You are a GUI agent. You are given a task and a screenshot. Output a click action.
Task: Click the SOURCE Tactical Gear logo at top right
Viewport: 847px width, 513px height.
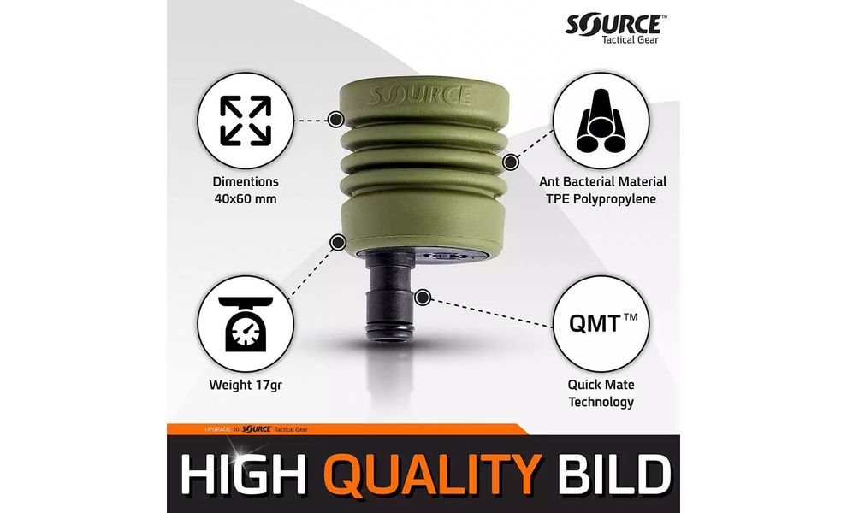616,28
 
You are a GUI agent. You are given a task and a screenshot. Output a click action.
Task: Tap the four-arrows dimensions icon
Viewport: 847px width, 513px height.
246,121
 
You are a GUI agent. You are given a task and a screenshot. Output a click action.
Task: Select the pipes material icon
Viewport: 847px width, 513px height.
601,121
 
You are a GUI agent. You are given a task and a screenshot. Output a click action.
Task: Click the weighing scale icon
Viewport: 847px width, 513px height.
246,324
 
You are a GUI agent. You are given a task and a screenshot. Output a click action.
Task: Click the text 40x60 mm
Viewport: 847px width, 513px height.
246,198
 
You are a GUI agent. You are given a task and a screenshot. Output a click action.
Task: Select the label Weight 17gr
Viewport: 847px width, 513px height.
246,385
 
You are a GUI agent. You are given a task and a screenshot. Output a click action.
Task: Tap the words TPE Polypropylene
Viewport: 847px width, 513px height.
601,198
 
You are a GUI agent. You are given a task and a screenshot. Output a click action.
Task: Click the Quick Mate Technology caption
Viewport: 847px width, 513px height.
601,393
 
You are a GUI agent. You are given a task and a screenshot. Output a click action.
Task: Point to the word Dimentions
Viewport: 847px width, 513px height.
246,181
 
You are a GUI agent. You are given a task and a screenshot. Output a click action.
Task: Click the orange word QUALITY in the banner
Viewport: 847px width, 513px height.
432,475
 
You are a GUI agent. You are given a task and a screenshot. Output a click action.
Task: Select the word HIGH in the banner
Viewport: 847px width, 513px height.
244,475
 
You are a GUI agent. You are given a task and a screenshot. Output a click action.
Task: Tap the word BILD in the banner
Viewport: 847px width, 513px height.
614,475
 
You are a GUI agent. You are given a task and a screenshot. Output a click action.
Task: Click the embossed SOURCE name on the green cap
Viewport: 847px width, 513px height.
419,97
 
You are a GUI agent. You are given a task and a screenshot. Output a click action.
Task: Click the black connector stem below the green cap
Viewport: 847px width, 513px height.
389,294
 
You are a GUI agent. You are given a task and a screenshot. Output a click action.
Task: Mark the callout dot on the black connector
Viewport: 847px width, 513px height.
423,297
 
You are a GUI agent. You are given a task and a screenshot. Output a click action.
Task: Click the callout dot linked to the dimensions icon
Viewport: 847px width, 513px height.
336,119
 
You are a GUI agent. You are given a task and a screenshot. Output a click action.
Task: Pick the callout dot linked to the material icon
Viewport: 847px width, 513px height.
511,162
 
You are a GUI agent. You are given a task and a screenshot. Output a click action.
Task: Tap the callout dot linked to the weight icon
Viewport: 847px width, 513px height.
338,242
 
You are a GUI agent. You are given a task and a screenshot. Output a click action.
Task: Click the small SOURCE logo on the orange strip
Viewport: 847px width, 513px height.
256,429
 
